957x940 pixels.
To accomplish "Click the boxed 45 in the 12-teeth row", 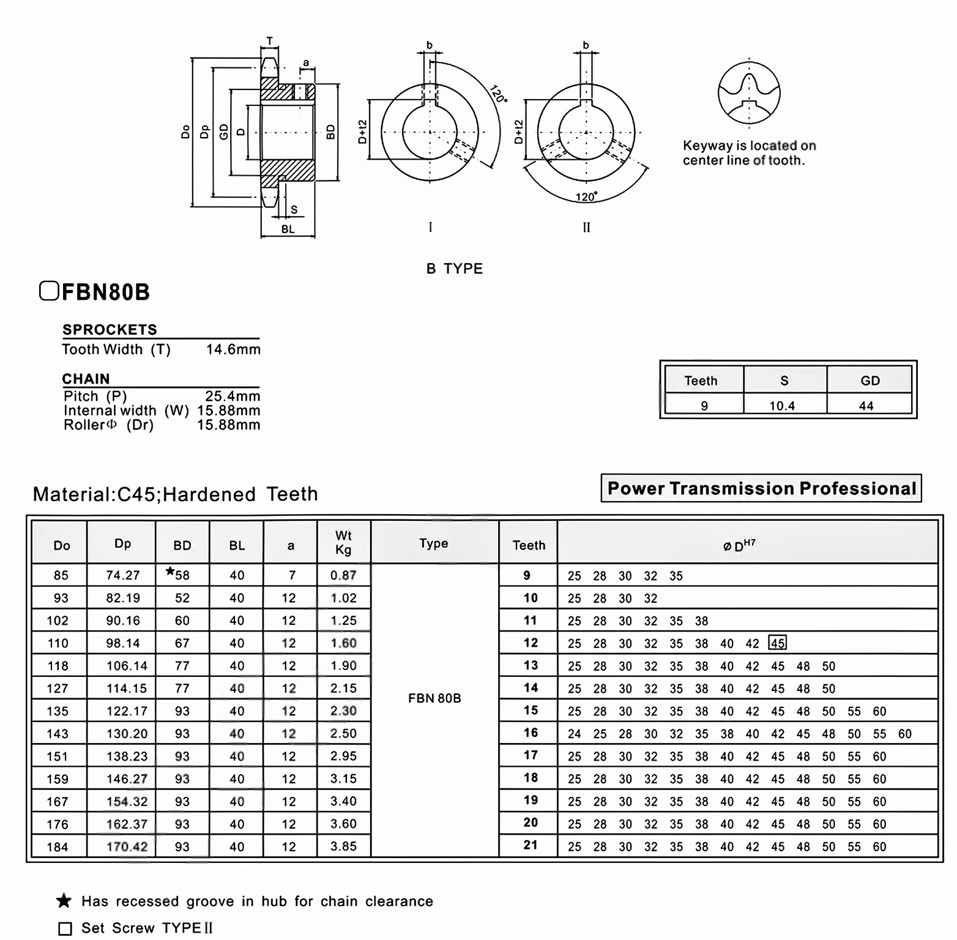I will click(x=777, y=643).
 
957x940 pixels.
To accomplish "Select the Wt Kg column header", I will click(x=343, y=542).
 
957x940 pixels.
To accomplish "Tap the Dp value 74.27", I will click(x=123, y=575).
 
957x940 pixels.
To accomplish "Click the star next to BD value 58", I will click(x=170, y=572).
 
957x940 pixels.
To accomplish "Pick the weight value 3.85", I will click(x=343, y=846).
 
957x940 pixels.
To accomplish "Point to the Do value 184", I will click(x=58, y=847).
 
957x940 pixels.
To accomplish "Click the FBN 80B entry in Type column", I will click(x=434, y=698).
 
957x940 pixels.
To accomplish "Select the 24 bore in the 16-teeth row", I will click(x=574, y=734).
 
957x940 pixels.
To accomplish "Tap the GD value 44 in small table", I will click(x=866, y=406).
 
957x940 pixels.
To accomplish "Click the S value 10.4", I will click(x=782, y=406).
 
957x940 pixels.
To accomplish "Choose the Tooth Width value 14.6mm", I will click(x=233, y=349).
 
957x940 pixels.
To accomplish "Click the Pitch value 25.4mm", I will click(x=233, y=396).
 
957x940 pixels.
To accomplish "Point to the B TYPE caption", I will click(x=455, y=269).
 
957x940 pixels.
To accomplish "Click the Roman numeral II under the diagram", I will click(x=586, y=228).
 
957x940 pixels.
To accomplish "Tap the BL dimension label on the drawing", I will click(x=288, y=229).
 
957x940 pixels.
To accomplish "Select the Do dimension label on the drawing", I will click(x=185, y=132).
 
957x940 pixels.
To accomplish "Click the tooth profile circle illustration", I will click(x=749, y=93).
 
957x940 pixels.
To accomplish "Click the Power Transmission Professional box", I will click(x=761, y=488).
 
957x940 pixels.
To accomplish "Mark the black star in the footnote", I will click(x=64, y=901).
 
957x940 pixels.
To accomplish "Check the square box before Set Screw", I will click(x=65, y=928).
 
